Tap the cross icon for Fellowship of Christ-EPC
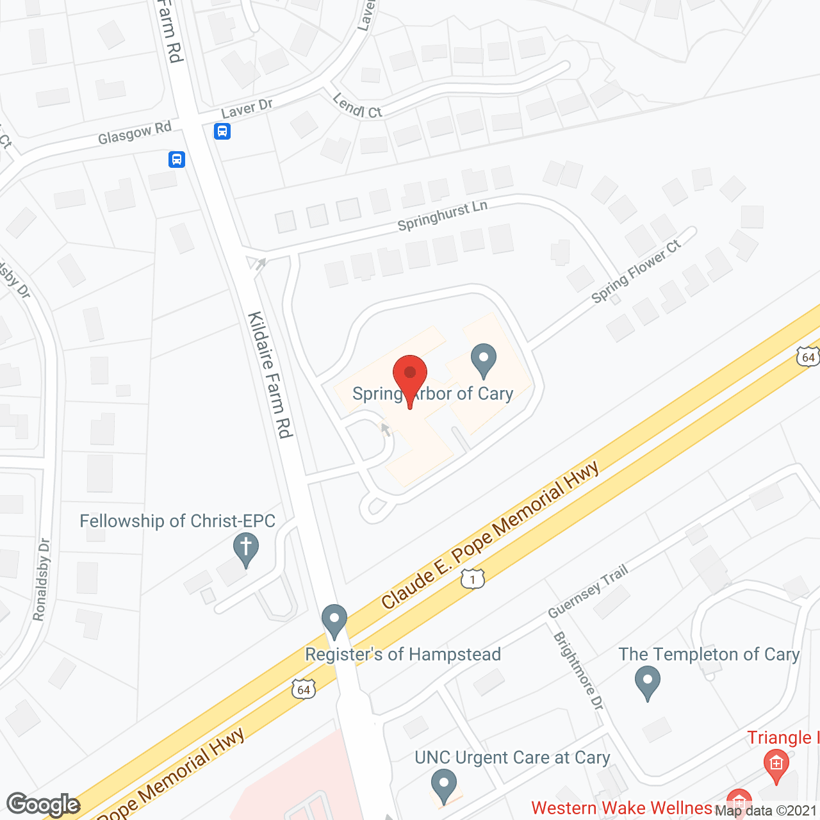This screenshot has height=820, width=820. (x=245, y=549)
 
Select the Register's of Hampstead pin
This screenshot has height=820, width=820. (x=334, y=619)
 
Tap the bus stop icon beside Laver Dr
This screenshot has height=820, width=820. (x=222, y=131)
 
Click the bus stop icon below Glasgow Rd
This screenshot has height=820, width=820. (x=177, y=159)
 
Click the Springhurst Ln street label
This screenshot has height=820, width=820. (x=443, y=215)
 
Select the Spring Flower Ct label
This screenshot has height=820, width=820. (x=635, y=272)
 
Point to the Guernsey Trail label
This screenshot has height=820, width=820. (x=587, y=591)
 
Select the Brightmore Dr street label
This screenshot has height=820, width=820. (x=578, y=671)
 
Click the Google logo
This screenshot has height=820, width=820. (x=44, y=805)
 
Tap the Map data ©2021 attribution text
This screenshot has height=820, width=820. (x=766, y=811)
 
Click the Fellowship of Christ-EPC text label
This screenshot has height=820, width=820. (x=177, y=521)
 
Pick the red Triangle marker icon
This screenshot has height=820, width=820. (x=776, y=764)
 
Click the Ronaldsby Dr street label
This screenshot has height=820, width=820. (x=42, y=580)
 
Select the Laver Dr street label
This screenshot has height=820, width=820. (x=247, y=109)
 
